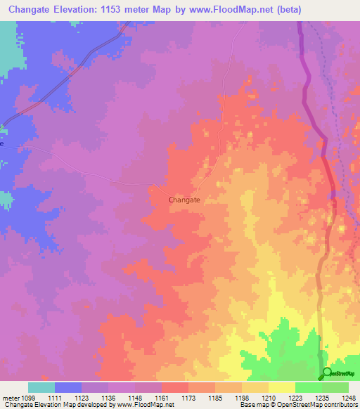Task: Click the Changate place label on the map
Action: point(185,200)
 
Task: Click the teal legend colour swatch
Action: point(41,387)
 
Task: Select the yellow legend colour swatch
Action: point(281,387)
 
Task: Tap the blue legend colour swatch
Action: point(68,387)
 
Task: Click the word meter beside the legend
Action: point(11,397)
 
